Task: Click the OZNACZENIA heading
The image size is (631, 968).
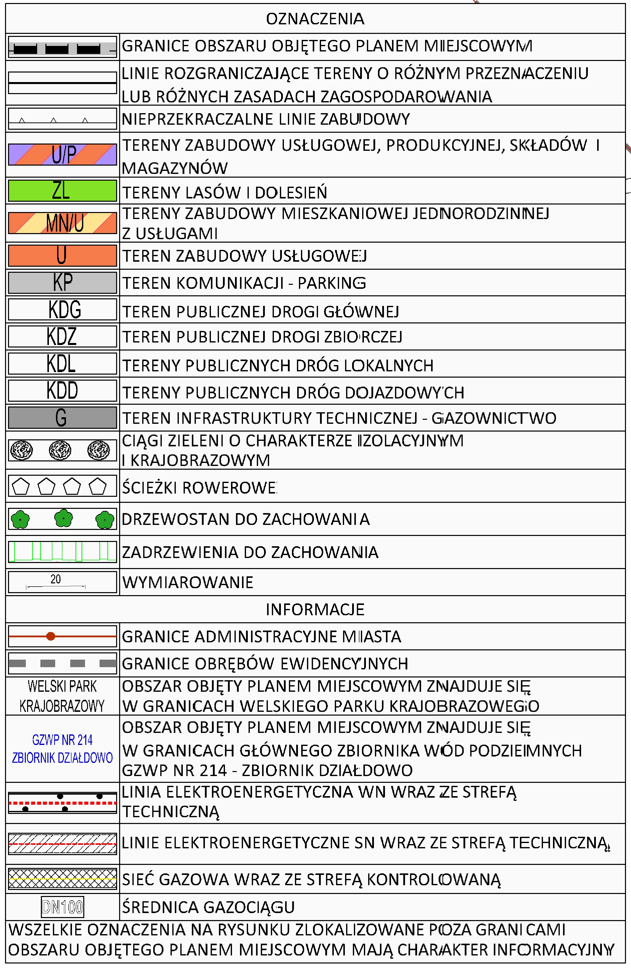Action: [315, 19]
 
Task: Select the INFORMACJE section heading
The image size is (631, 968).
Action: [315, 609]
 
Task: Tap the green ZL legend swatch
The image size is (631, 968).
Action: [62, 190]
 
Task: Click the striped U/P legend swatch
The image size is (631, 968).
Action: [62, 155]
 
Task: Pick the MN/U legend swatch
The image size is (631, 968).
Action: [62, 223]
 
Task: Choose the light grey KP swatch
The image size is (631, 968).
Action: [62, 282]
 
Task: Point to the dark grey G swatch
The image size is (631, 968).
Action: [62, 417]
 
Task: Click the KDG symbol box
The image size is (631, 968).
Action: [62, 310]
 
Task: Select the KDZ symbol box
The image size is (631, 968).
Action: [62, 336]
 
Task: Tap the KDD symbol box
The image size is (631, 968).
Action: [62, 390]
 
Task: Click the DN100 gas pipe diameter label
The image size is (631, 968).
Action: [62, 907]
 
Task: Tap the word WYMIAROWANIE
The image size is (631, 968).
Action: [188, 582]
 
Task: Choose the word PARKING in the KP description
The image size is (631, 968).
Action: [332, 283]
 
